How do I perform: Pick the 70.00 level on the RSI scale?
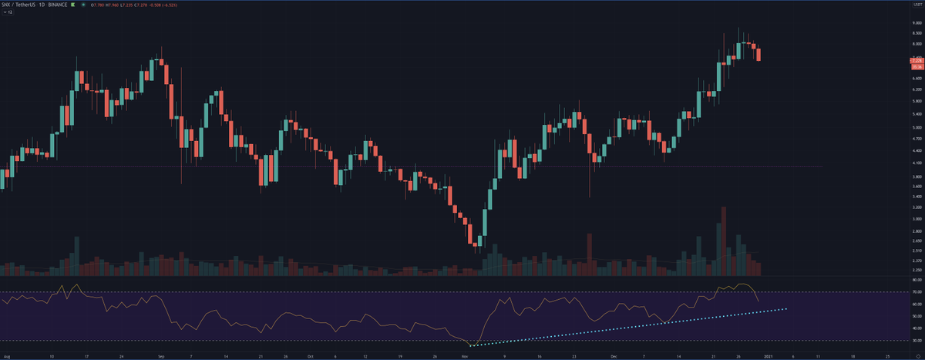pos(917,292)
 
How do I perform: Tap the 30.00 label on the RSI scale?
pos(917,340)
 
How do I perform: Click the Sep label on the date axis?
pos(160,357)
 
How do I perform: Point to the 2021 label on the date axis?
pos(769,357)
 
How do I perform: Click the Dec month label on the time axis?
pos(615,357)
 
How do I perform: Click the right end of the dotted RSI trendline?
pos(785,309)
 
